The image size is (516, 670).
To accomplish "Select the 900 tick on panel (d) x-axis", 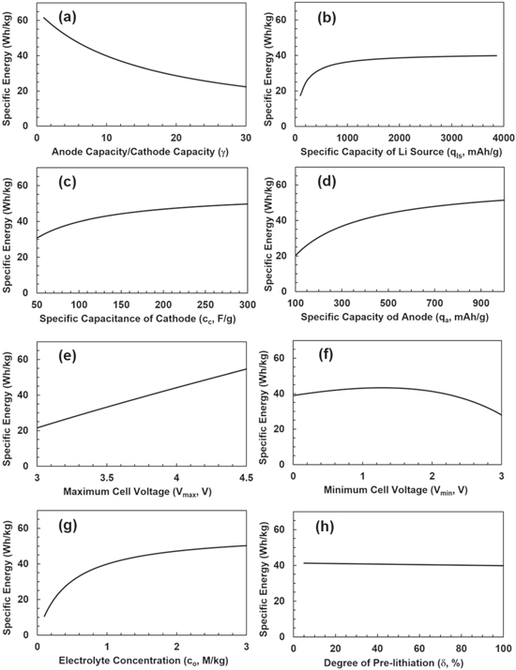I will (480, 304).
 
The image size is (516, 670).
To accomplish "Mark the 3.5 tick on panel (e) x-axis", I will (106, 477).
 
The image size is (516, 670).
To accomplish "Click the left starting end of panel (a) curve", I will (44, 17).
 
